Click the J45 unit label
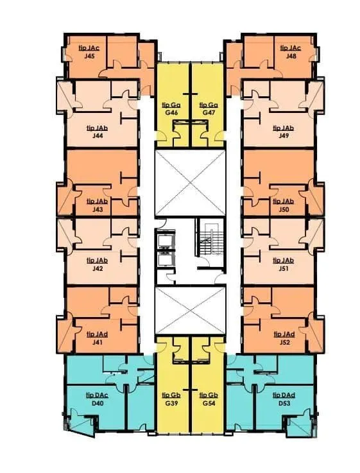89,56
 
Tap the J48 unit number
291,56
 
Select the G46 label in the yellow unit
171,113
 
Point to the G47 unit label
209,113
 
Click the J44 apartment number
98,136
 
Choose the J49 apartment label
284,136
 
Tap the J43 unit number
98,209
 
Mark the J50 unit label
284,209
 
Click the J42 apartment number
98,268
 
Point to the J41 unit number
98,342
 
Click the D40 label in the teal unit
98,403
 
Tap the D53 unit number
284,403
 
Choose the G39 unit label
171,403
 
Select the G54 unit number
209,403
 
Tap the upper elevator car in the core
166,241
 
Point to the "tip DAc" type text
98,395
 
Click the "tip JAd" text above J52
284,334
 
